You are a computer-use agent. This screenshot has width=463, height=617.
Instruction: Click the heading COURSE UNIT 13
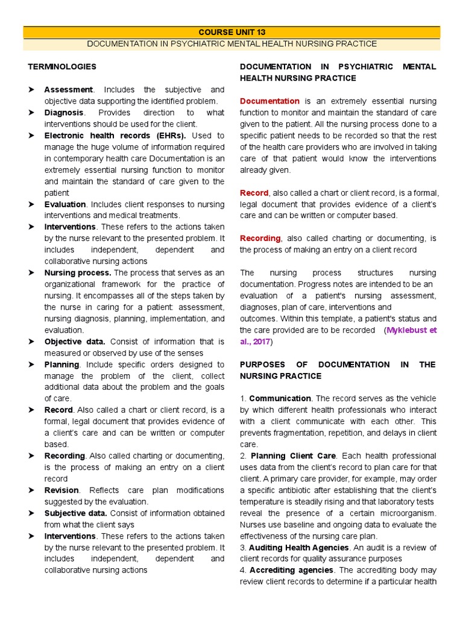(x=231, y=32)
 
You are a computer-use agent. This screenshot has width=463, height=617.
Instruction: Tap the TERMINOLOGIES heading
(x=62, y=66)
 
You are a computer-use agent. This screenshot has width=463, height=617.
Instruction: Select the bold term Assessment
(x=68, y=90)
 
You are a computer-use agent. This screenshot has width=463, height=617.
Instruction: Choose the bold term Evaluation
(x=65, y=204)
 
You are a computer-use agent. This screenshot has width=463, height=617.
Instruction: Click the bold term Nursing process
(x=77, y=273)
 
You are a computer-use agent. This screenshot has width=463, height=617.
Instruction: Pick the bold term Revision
(x=61, y=490)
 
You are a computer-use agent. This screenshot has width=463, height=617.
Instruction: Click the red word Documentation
(x=269, y=101)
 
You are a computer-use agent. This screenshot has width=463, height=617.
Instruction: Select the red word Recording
(x=260, y=239)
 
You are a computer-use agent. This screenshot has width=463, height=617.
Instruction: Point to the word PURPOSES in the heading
(x=262, y=365)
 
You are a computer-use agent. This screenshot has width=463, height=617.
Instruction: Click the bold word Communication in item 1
(x=280, y=399)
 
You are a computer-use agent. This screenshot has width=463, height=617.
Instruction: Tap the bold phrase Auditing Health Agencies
(x=298, y=548)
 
